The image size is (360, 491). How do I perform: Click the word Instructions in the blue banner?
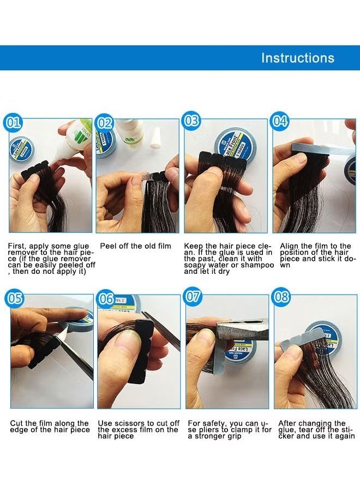(x=298, y=58)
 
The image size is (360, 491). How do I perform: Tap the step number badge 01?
(x=12, y=122)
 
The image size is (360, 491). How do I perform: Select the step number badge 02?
(x=104, y=123)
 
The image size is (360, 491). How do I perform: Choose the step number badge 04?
(x=280, y=121)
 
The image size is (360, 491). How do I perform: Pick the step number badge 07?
(x=193, y=297)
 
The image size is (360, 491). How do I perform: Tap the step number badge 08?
(x=281, y=297)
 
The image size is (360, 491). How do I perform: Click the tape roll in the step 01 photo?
(x=21, y=149)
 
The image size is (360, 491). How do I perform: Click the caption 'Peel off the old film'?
(x=136, y=246)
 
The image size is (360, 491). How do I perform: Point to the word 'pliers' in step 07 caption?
(x=209, y=430)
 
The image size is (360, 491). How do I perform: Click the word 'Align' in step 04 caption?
(x=289, y=247)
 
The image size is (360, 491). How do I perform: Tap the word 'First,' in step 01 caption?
(x=17, y=247)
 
